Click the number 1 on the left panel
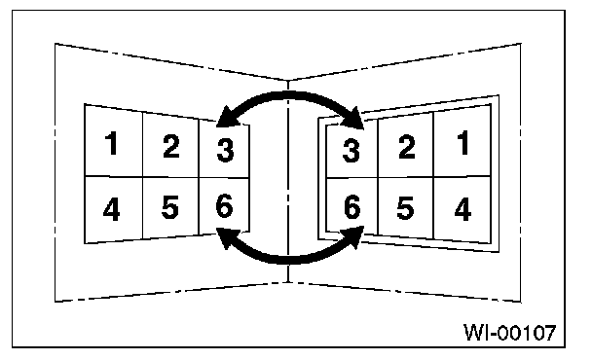pyautogui.click(x=112, y=143)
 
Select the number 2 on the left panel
pyautogui.click(x=171, y=146)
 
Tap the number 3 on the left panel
pyautogui.click(x=225, y=150)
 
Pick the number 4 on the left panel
pyautogui.click(x=111, y=208)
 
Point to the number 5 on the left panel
pyautogui.click(x=169, y=207)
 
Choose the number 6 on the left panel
pyautogui.click(x=224, y=205)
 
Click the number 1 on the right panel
pyautogui.click(x=463, y=143)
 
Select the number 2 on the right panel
pyautogui.click(x=407, y=146)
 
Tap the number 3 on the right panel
pyautogui.click(x=351, y=150)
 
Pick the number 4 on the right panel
pyautogui.click(x=462, y=208)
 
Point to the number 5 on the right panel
pyautogui.click(x=405, y=208)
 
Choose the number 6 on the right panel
pyautogui.click(x=352, y=207)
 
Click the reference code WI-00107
pyautogui.click(x=509, y=333)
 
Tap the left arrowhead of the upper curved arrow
pyautogui.click(x=227, y=118)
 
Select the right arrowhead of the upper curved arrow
pyautogui.click(x=354, y=119)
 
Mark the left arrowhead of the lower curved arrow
pyautogui.click(x=226, y=237)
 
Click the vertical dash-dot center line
pyautogui.click(x=288, y=181)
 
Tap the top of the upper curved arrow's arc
pyautogui.click(x=289, y=95)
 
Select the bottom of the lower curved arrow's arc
pyautogui.click(x=289, y=260)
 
